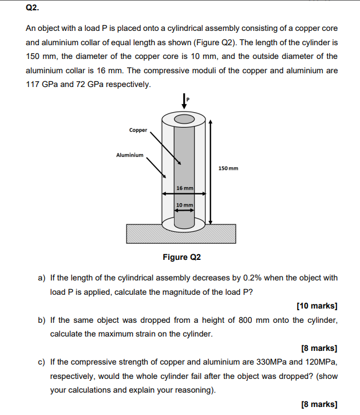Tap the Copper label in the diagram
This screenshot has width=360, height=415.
tap(138, 130)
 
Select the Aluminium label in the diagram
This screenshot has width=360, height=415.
tap(130, 155)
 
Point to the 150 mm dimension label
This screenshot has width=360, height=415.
tap(228, 168)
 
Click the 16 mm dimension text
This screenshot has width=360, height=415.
tap(185, 188)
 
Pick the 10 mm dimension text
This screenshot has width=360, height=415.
tap(184, 205)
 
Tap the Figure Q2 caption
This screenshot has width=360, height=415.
tap(182, 257)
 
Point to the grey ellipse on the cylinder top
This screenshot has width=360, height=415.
tap(184, 119)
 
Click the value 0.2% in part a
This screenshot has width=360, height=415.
tap(254, 278)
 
